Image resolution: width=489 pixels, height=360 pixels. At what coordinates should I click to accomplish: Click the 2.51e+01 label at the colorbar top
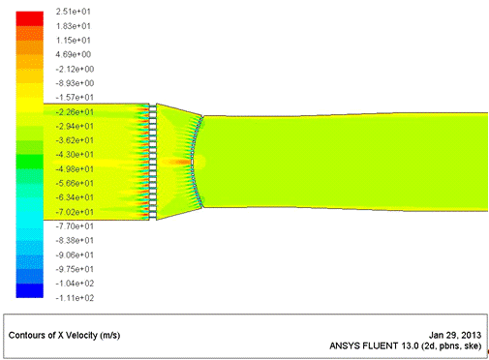[74, 12]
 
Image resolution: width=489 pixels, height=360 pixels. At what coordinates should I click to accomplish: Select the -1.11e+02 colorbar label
[75, 298]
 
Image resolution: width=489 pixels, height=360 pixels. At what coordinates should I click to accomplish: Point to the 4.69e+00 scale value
[74, 54]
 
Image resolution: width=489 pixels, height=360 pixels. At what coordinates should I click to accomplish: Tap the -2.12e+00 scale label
[75, 69]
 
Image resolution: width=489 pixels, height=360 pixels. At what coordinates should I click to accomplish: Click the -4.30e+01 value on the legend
[75, 155]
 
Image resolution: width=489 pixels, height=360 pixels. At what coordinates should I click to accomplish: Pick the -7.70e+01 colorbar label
[75, 226]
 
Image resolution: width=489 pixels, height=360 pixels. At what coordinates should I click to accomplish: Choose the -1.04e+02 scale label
[75, 284]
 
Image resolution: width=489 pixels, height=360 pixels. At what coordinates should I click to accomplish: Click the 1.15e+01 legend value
[74, 41]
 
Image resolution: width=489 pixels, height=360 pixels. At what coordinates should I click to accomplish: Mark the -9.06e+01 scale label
[75, 255]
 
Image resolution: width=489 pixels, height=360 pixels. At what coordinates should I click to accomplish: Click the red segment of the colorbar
[30, 18]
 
